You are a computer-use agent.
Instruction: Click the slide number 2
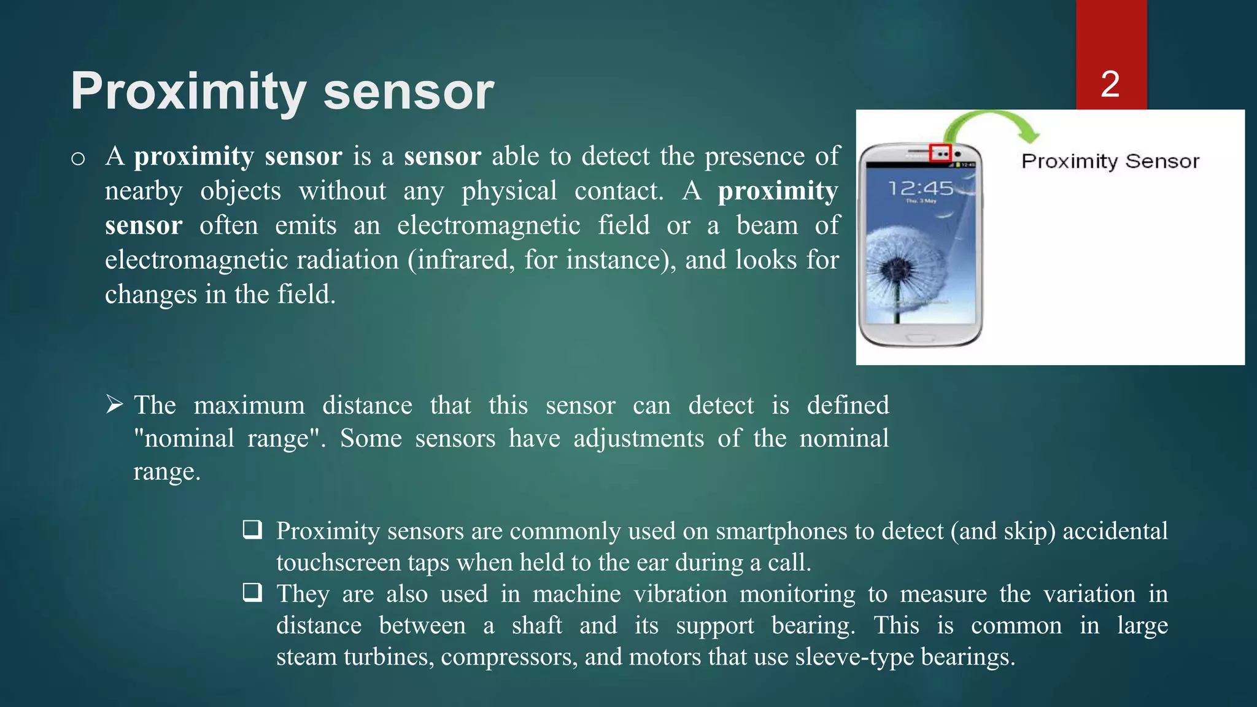click(x=1110, y=84)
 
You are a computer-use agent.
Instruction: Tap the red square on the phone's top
click(x=940, y=153)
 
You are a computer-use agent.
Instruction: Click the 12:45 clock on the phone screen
click(x=921, y=188)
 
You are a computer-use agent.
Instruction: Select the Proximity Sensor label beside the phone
click(x=1110, y=161)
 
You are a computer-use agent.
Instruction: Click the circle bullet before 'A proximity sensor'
click(x=78, y=159)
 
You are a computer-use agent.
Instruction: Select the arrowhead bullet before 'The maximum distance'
click(x=114, y=404)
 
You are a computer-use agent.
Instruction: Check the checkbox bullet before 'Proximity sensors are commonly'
click(x=252, y=529)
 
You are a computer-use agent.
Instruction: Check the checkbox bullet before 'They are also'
click(x=252, y=592)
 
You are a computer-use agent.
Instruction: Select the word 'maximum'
click(x=249, y=406)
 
